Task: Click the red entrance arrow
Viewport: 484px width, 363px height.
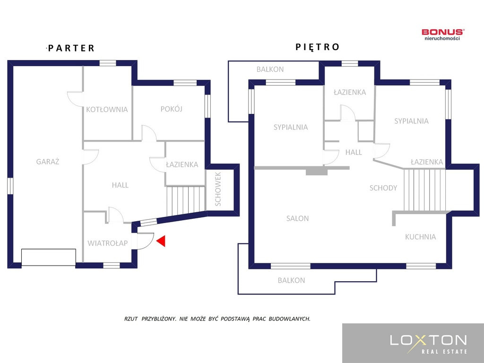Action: pos(161,241)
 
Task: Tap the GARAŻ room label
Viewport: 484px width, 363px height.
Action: pos(48,162)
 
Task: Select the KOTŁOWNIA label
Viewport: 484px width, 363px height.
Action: pos(107,109)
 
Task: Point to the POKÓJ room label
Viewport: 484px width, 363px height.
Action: pos(171,109)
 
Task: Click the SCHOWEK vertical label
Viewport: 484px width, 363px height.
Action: pos(217,189)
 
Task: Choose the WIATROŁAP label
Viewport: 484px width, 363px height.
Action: pos(107,243)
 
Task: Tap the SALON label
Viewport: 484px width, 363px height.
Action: pos(297,218)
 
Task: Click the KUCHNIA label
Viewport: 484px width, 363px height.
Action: pos(420,237)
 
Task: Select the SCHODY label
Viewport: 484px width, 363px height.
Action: pos(383,188)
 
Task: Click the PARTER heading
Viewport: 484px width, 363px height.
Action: pos(71,48)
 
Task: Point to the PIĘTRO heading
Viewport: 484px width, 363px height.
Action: pos(317,47)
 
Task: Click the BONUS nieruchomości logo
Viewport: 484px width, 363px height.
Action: pos(442,34)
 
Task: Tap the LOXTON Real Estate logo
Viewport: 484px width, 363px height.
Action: pos(428,344)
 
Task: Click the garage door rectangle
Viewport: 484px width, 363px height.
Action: pos(49,257)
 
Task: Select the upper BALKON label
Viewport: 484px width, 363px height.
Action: pos(270,69)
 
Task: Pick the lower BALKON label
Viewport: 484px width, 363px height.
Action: pos(291,280)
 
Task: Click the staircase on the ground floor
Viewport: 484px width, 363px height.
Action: pos(186,200)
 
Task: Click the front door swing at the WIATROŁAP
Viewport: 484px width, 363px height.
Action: pos(145,241)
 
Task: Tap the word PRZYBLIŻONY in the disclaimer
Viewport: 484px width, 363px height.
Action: pos(159,319)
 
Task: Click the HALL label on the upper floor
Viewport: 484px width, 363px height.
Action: pos(354,152)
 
